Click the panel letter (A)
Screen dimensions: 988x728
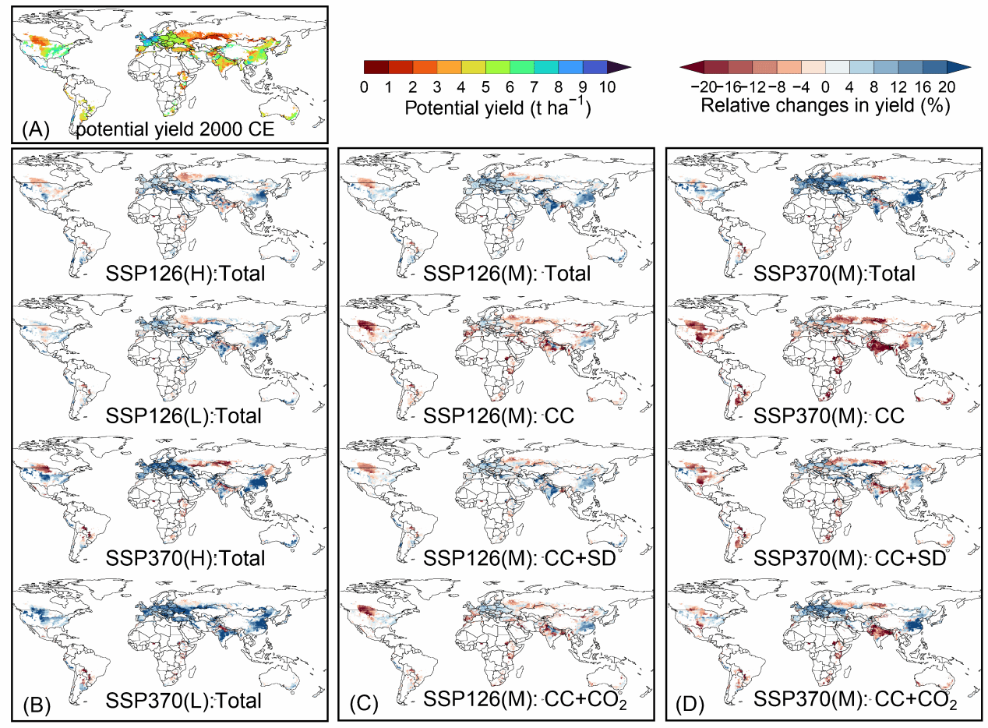[36, 129]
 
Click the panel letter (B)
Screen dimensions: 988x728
[37, 705]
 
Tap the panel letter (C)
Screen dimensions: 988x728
[364, 705]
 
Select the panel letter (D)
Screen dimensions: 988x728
[690, 705]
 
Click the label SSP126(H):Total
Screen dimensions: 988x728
[185, 274]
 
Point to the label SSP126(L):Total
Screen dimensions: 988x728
[183, 416]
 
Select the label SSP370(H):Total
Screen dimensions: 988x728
[185, 559]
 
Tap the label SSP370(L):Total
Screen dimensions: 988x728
[183, 701]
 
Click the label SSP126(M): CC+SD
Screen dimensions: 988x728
[520, 559]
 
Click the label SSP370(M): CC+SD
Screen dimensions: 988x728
[850, 559]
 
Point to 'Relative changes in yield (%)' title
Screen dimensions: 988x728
[825, 106]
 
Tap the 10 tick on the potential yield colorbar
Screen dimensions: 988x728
[607, 87]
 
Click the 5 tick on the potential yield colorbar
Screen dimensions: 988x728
[485, 87]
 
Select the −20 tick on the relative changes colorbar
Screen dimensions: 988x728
[705, 87]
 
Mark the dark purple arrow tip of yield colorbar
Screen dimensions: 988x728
[630, 67]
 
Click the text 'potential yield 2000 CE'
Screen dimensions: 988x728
[175, 129]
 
